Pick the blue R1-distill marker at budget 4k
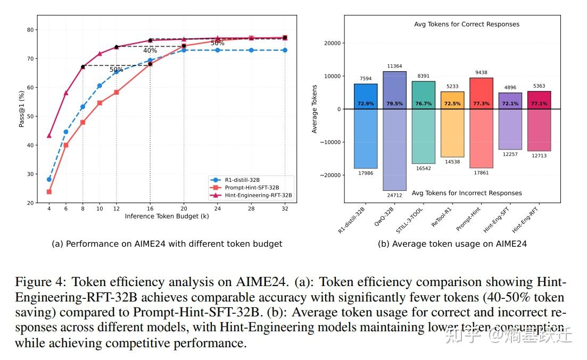point(49,179)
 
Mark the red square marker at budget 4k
point(49,191)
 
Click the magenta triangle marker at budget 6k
point(66,93)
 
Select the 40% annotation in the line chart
point(150,51)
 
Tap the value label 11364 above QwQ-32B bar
point(394,66)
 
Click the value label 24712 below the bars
point(394,196)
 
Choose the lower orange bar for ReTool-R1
point(452,133)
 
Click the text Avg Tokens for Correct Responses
point(466,24)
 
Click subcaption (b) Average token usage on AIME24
point(452,244)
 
